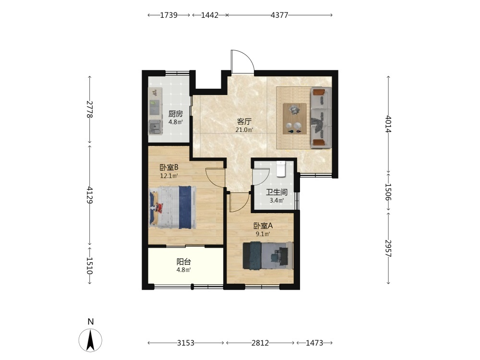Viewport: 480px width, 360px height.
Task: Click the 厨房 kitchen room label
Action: coord(175,114)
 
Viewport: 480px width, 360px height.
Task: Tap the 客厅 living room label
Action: coord(244,121)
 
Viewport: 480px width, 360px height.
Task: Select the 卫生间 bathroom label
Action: coord(276,192)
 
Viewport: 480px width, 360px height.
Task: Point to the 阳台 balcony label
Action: coord(184,262)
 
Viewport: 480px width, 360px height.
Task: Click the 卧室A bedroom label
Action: coord(263,226)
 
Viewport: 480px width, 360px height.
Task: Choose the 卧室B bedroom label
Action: coord(169,168)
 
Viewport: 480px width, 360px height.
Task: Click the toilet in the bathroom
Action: coord(281,168)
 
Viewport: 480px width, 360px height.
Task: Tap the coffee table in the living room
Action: coord(295,119)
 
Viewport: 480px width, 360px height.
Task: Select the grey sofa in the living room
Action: coord(321,118)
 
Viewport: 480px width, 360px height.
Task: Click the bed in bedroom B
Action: coord(173,207)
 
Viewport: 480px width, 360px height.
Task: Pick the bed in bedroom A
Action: coord(268,256)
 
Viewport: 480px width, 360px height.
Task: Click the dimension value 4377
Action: coord(279,15)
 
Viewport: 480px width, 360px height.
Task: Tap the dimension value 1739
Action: coord(168,15)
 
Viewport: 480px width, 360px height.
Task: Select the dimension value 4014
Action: coord(388,124)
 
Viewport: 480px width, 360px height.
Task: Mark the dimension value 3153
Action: coord(185,343)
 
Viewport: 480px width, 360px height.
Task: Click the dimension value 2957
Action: coord(388,248)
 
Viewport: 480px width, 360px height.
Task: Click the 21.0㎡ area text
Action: coord(244,130)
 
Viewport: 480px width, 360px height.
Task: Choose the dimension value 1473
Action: coord(314,343)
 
